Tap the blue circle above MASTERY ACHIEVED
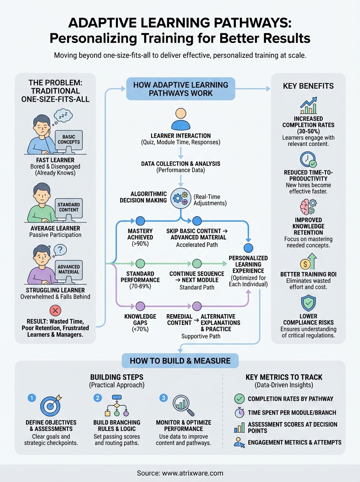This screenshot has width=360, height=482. click(x=140, y=221)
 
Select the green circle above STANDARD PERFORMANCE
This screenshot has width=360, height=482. click(x=140, y=263)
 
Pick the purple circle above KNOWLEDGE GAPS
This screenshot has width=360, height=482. click(x=140, y=306)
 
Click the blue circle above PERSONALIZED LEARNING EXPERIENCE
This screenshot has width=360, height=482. click(x=249, y=247)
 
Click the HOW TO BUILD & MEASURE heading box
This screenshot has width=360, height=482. click(x=180, y=361)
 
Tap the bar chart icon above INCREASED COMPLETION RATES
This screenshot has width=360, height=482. click(x=308, y=106)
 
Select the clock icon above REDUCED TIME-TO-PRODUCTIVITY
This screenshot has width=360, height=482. click(x=308, y=159)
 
